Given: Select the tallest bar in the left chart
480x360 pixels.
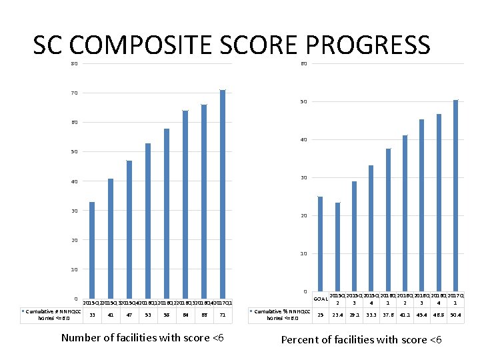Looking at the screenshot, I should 223,193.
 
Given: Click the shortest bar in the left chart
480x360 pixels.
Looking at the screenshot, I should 92,250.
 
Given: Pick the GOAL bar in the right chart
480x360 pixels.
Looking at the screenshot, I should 320,244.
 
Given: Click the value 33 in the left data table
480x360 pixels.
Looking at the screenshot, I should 92,315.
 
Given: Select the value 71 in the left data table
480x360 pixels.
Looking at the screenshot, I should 223,315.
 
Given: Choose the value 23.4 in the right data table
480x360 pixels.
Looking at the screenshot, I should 337,315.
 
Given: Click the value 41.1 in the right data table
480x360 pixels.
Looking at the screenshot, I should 405,315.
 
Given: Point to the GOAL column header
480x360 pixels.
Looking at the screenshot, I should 320,299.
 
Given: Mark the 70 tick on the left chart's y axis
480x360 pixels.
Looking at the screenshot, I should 75,93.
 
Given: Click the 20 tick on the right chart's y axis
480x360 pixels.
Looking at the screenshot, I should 303,216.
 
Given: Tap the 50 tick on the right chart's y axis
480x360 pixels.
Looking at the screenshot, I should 303,102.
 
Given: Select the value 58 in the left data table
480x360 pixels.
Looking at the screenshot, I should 167,315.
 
